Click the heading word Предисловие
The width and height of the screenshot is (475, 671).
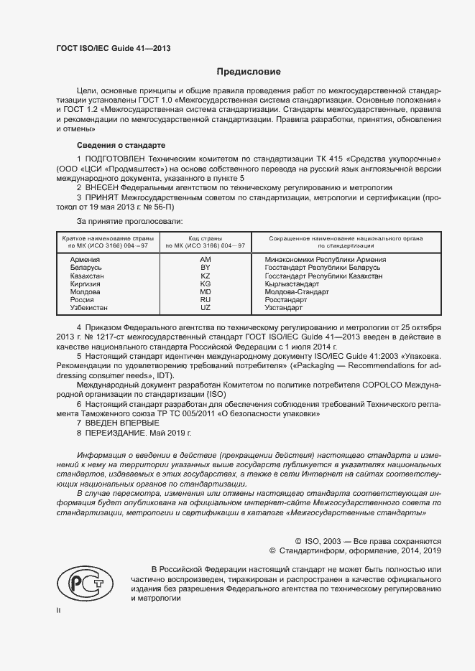249,72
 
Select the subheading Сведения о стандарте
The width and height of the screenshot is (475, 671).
120,144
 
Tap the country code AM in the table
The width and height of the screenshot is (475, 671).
205,259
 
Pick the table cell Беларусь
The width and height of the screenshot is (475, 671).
86,268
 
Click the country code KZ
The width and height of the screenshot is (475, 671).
205,276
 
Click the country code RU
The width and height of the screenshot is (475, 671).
205,300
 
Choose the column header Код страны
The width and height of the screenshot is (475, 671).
205,238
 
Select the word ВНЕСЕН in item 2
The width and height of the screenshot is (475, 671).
105,186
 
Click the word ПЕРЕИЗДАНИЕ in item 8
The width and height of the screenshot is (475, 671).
117,433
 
